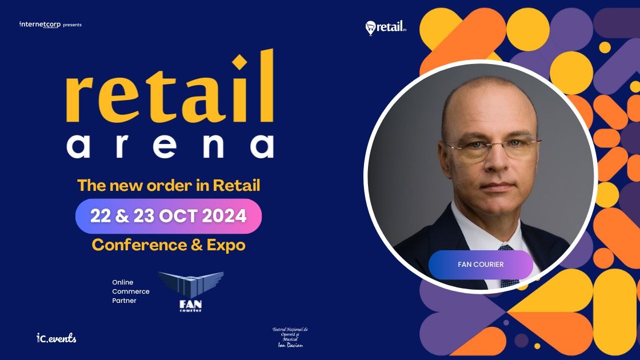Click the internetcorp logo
(x=40, y=25)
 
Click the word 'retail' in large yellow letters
(x=169, y=92)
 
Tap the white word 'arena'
(x=169, y=146)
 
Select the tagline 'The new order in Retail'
(x=169, y=185)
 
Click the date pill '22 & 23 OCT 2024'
(x=169, y=216)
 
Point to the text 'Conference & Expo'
(x=169, y=245)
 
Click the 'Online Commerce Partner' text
(x=131, y=291)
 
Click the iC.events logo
(x=56, y=338)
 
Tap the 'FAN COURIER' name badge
(x=481, y=265)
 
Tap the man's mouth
(x=491, y=186)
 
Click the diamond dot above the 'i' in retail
(x=241, y=61)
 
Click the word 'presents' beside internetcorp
(x=72, y=25)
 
